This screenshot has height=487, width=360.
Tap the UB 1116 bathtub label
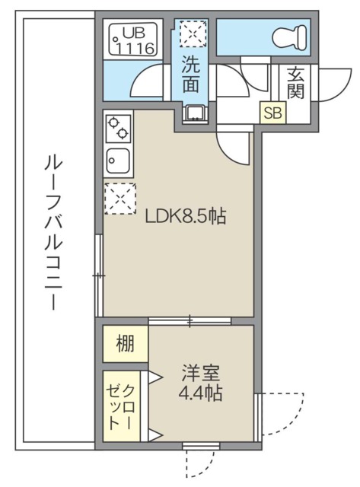pos(134,40)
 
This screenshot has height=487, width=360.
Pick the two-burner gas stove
pos(117,127)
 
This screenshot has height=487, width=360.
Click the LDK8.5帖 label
pos(186,216)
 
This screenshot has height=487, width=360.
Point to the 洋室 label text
pos(201,374)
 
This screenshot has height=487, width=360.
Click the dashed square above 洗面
pos(193,33)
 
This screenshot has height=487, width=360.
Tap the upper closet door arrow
pos(155,376)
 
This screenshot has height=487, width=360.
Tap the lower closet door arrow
pos(155,435)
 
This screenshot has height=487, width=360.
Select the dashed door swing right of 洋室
pos(282,414)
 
